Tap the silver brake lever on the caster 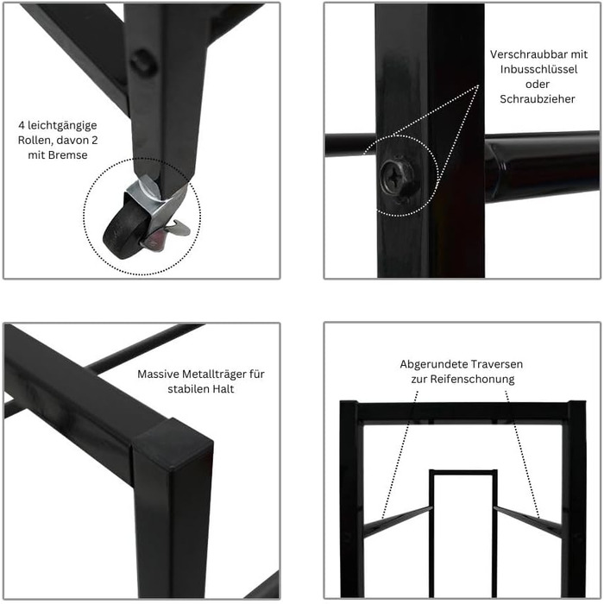(177, 228)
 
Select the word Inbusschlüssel (538, 69)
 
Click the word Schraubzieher (538, 99)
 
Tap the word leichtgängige (62, 126)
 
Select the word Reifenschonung (472, 379)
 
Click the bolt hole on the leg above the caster (143, 62)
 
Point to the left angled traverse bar (398, 521)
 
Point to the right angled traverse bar (528, 521)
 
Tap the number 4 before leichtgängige (22, 126)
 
